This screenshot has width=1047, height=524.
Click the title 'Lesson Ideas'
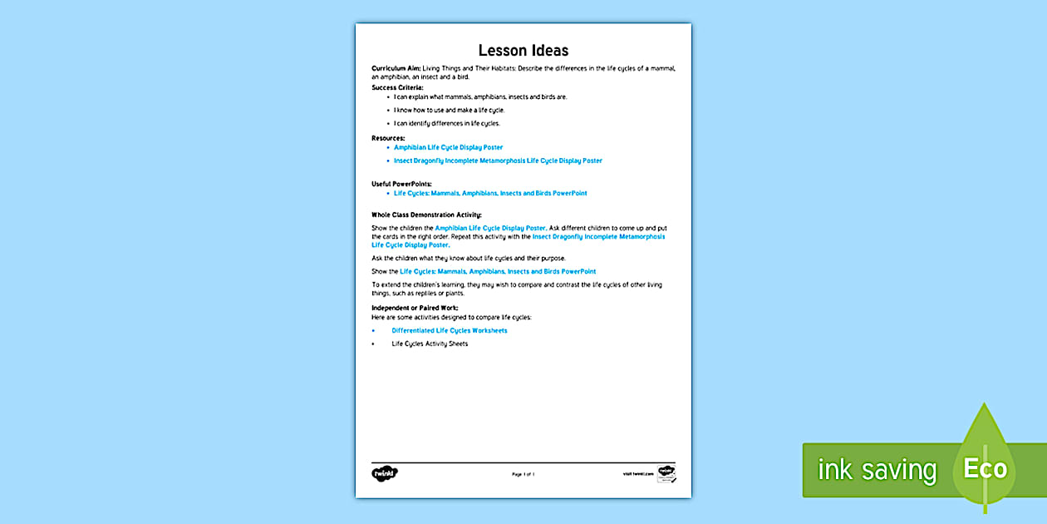[523, 51]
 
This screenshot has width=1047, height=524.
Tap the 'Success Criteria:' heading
[397, 87]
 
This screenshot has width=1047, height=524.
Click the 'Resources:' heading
[388, 137]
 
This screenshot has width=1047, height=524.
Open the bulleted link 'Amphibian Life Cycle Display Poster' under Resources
[448, 147]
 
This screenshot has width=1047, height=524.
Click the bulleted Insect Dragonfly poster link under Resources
[498, 161]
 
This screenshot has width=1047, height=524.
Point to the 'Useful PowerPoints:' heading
[401, 183]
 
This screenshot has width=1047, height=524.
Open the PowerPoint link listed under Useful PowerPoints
[490, 193]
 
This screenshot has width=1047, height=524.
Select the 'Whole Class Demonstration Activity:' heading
[426, 215]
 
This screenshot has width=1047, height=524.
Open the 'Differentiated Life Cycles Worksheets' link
[450, 330]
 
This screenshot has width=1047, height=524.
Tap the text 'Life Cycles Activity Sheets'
[430, 344]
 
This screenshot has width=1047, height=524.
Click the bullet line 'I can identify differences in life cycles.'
[446, 123]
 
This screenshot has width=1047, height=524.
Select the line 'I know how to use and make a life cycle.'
[449, 110]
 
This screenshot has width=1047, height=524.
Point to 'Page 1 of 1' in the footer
[523, 474]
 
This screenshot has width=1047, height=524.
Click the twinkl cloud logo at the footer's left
[385, 473]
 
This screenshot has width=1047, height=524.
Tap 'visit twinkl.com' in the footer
[637, 474]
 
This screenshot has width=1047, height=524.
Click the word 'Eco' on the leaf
[986, 469]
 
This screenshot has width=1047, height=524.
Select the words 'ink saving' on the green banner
[877, 471]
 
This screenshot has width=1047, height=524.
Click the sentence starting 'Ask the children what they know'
[469, 258]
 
